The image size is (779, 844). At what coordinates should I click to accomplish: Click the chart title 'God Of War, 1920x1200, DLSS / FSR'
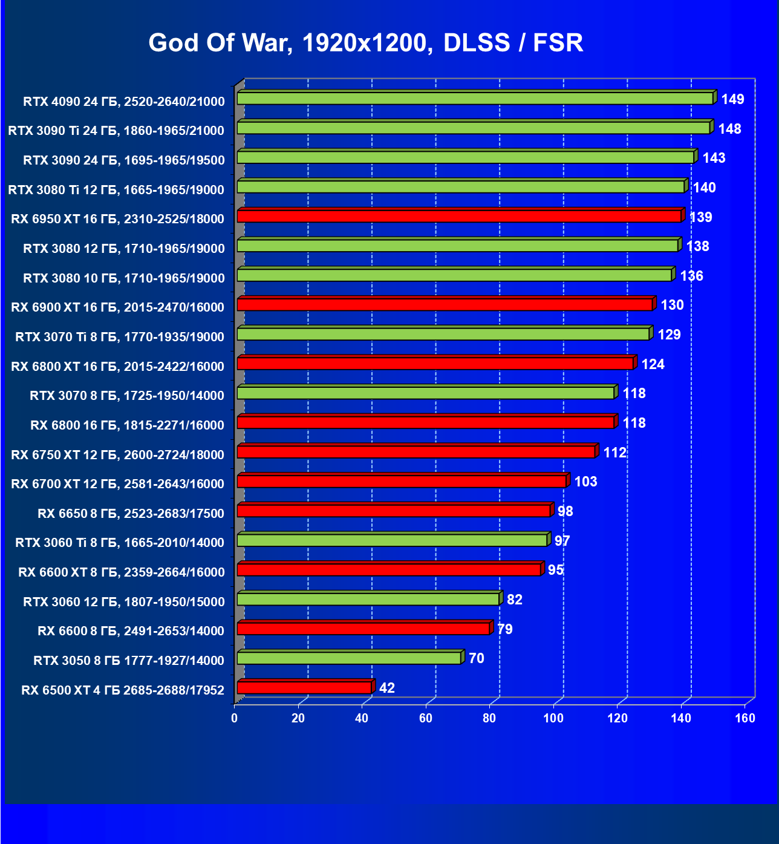366,43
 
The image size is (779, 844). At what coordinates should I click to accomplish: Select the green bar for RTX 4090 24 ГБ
475,98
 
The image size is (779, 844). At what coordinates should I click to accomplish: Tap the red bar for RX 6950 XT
459,216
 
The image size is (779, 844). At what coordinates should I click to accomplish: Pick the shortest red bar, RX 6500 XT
304,687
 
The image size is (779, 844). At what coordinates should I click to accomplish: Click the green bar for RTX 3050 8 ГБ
349,658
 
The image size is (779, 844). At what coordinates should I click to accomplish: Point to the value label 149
732,99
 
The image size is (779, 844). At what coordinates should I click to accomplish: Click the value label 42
387,688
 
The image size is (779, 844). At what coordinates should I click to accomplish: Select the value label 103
585,482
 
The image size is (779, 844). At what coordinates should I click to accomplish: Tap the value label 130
672,305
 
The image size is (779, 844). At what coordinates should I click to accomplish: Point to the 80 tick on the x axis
489,718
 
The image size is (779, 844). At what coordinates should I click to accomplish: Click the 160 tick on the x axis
745,718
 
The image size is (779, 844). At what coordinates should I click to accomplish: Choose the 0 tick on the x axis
235,718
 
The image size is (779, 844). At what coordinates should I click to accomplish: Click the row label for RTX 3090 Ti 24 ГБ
116,131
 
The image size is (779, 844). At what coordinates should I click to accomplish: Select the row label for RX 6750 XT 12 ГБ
117,455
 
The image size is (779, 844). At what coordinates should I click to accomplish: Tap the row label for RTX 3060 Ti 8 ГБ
120,543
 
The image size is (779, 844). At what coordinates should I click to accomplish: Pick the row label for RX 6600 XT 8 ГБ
122,572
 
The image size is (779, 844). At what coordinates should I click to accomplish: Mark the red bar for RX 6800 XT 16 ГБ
435,363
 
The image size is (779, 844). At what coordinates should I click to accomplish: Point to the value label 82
515,600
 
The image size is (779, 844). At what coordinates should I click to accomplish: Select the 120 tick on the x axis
618,718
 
